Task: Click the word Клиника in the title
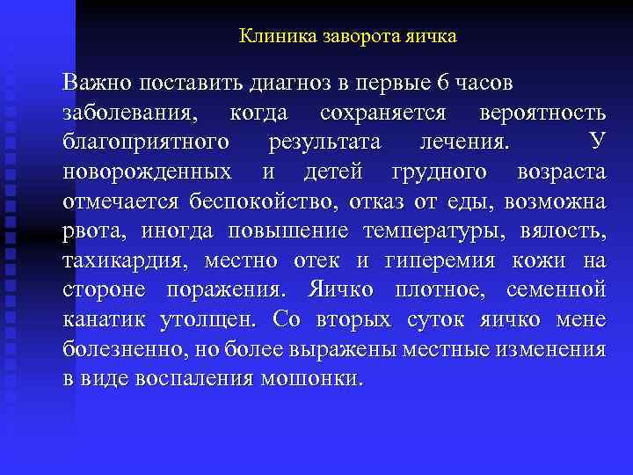(272, 38)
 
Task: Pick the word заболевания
(130, 113)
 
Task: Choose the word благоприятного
(147, 142)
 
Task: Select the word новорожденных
(147, 172)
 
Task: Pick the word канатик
(103, 320)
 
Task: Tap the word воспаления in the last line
(201, 380)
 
